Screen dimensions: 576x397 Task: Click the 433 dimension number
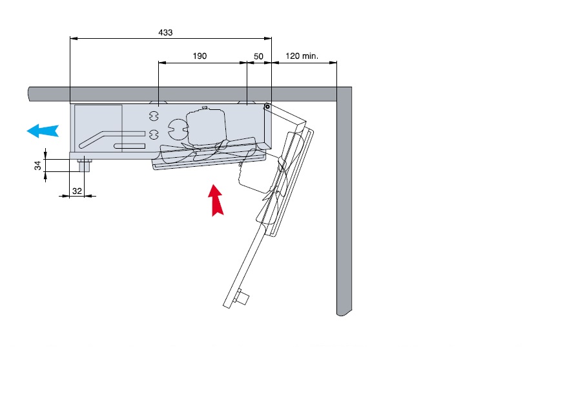[x=165, y=32]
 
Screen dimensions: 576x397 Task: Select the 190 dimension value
[x=200, y=56]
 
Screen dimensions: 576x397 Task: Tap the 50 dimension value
[x=258, y=56]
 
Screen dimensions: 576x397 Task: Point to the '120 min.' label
[x=302, y=56]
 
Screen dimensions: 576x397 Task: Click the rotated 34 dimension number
[x=38, y=166]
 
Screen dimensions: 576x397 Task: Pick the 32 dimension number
[x=77, y=191]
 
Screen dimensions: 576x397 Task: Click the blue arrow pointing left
[x=43, y=131]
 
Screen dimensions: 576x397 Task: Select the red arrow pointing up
[x=216, y=200]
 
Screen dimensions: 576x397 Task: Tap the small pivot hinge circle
[x=267, y=107]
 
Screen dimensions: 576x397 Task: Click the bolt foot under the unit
[x=84, y=166]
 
